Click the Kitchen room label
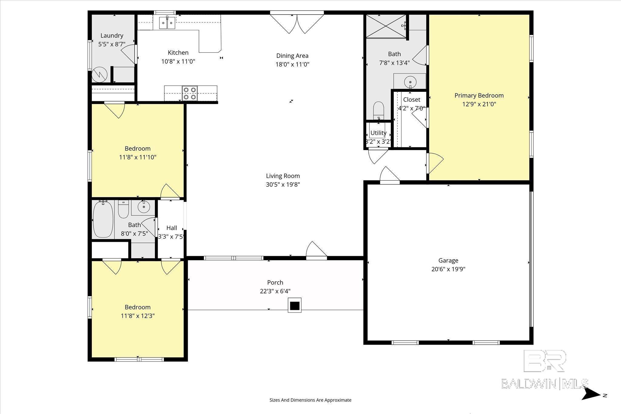pos(178,53)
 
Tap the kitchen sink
pos(167,22)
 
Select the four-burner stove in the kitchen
pos(190,93)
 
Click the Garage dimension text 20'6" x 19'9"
pos(448,269)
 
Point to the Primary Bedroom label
pos(479,95)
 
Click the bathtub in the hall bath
pos(103,219)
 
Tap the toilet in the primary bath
pos(378,110)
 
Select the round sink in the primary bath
pos(410,82)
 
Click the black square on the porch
pos(294,305)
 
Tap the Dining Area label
pos(292,56)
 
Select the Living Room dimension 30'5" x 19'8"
pos(283,185)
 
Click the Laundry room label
pos(112,36)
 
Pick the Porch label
pos(275,282)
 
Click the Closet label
pos(412,99)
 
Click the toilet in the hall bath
pos(123,209)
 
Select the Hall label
pos(172,228)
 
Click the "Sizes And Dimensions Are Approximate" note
pos(310,400)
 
